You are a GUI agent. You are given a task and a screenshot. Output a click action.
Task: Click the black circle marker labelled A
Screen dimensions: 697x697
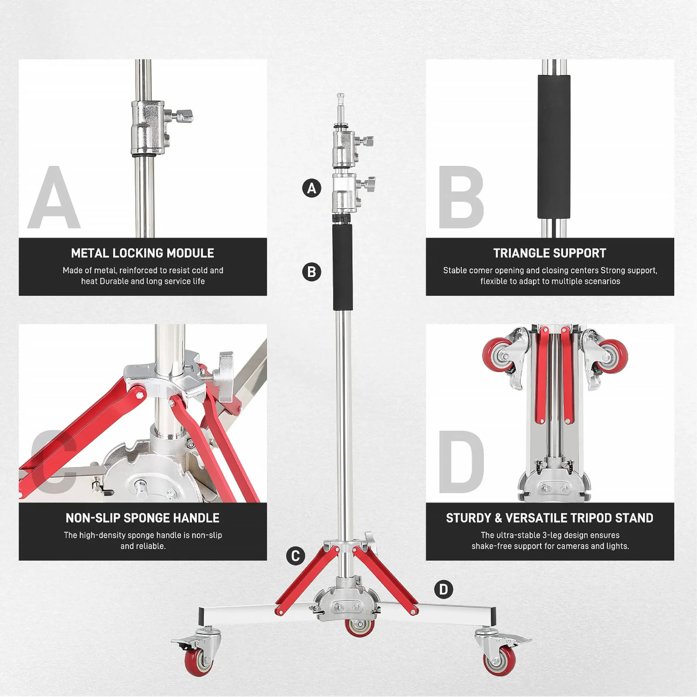tap(312, 188)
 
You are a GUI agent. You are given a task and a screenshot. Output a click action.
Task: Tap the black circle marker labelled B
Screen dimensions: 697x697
tap(312, 272)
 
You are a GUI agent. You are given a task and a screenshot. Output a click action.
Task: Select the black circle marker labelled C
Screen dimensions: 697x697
tap(296, 556)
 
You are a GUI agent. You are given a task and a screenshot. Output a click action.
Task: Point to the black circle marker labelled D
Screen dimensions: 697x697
tap(443, 589)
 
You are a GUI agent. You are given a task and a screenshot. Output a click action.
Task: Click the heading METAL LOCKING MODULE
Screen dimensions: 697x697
tap(142, 253)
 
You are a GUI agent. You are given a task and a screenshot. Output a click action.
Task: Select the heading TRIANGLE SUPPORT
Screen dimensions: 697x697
tap(550, 253)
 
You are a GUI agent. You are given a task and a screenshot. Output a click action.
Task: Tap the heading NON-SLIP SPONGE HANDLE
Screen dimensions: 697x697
tap(142, 518)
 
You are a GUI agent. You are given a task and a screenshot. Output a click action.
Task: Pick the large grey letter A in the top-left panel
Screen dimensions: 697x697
tap(54, 197)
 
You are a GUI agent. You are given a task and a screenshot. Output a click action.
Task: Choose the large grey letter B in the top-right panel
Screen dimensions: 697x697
tap(461, 197)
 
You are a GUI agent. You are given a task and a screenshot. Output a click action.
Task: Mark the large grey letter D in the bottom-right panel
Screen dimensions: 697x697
tap(461, 462)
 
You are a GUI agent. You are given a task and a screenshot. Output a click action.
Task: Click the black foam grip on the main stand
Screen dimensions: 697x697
tap(342, 267)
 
